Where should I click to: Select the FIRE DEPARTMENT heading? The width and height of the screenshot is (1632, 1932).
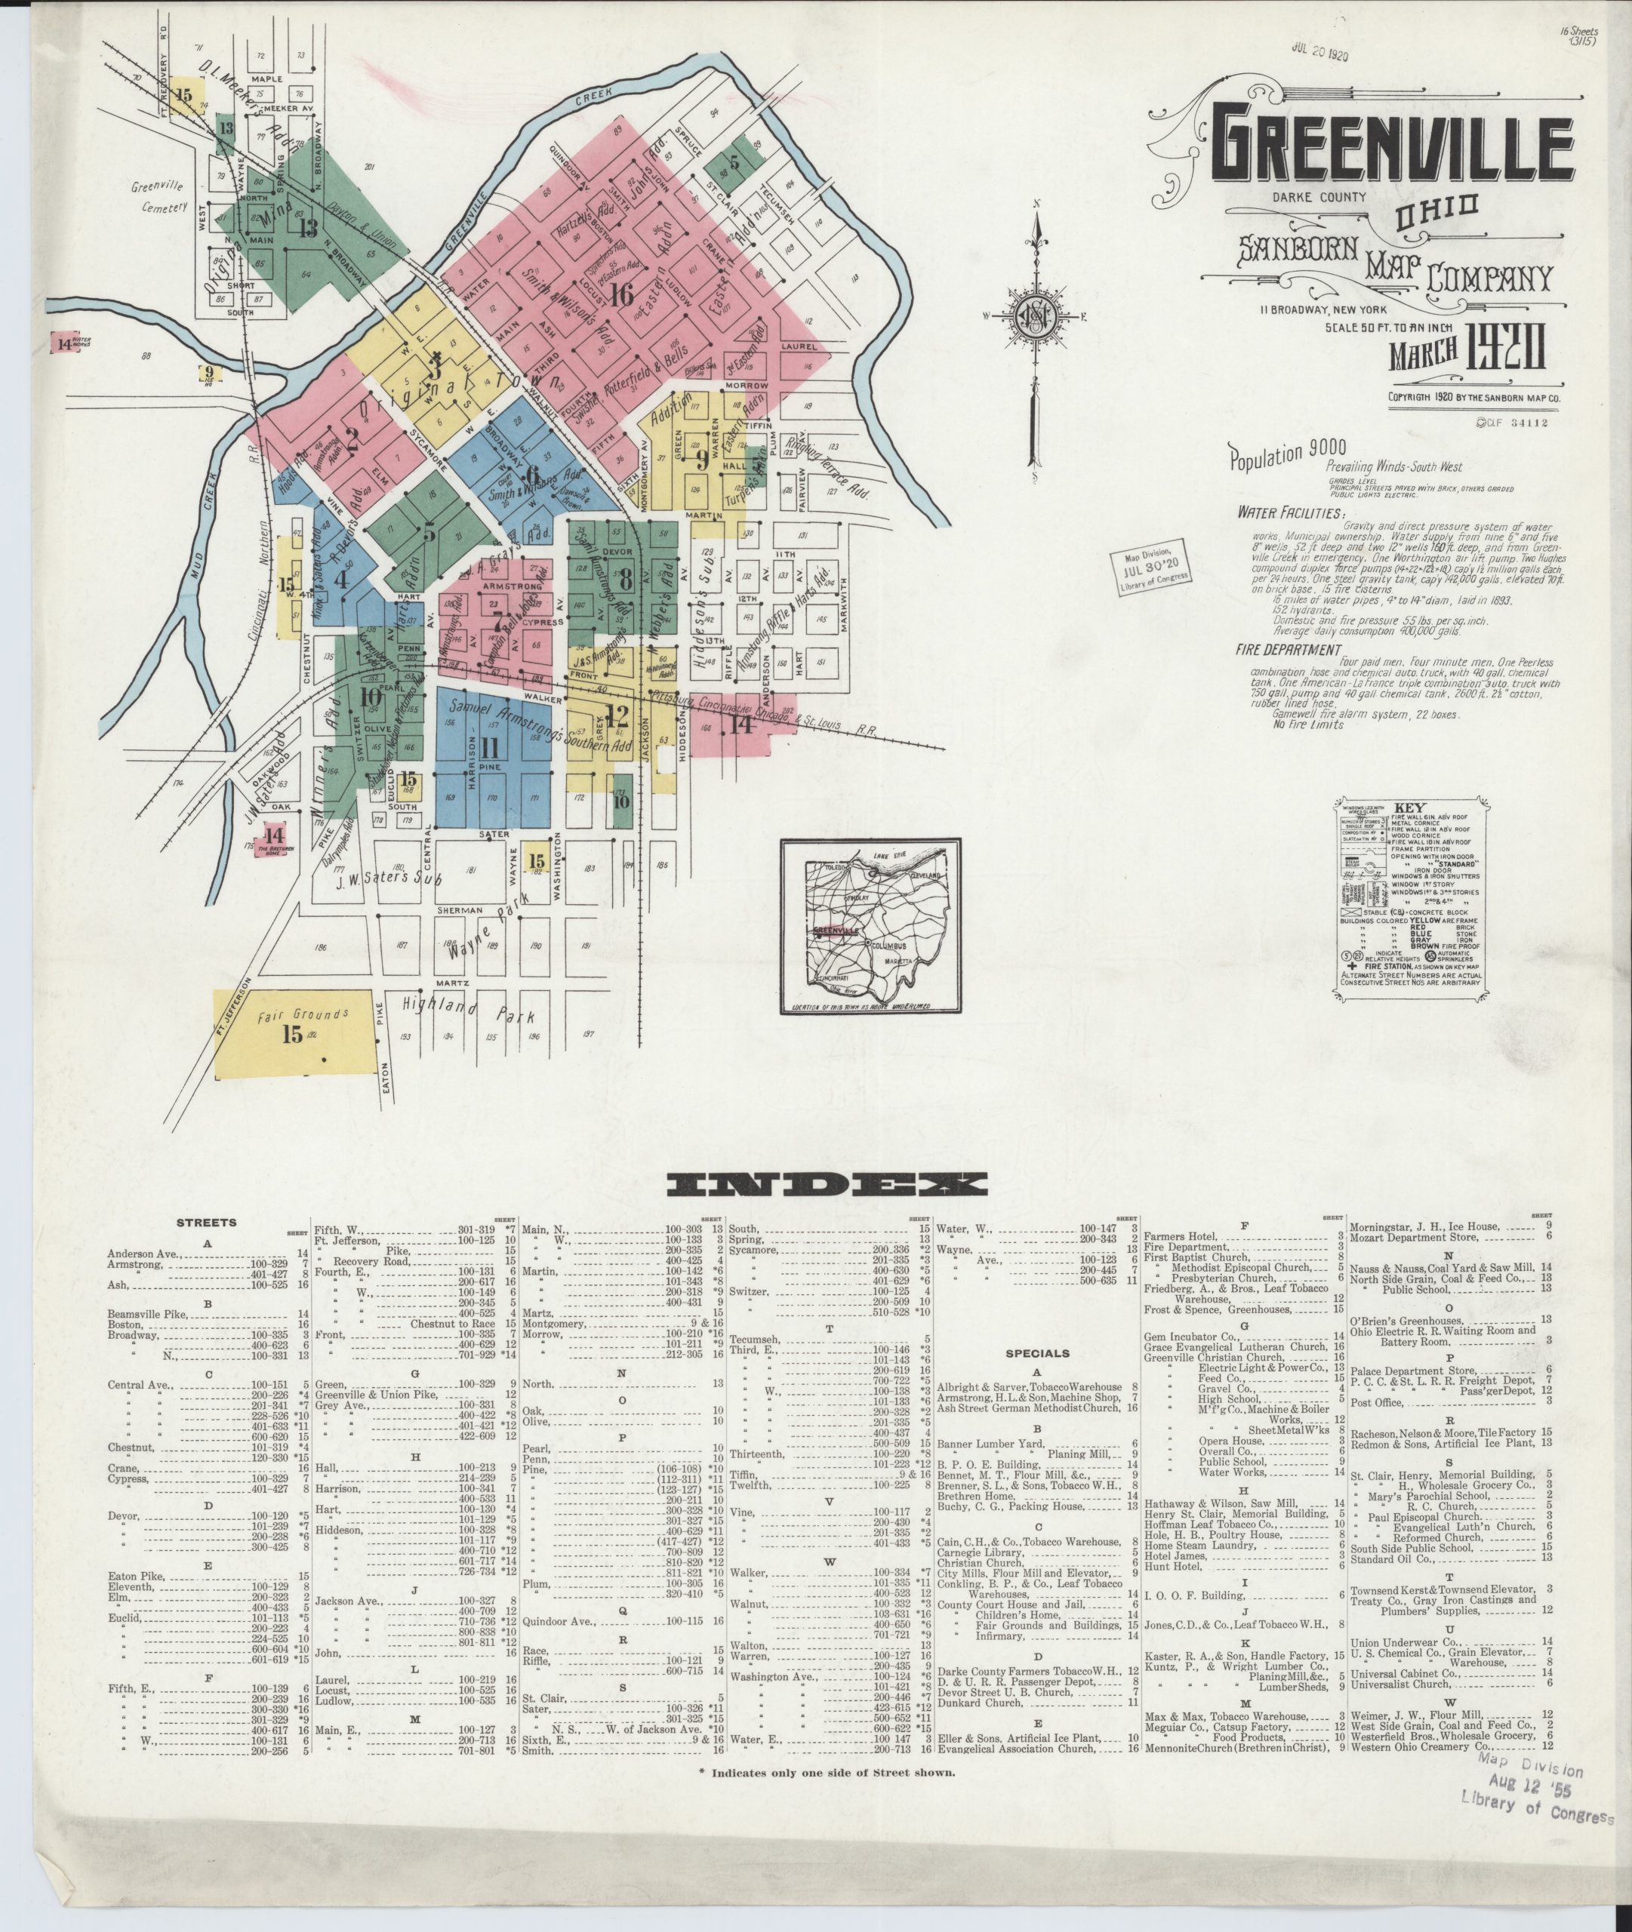[x=1288, y=651]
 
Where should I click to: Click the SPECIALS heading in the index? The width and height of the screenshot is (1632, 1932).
[x=1036, y=1353]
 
